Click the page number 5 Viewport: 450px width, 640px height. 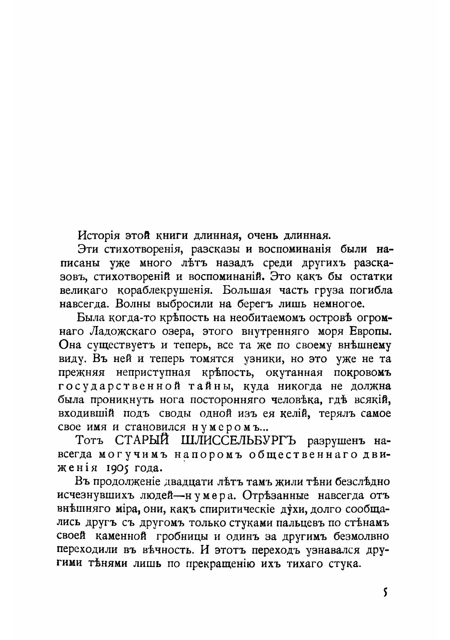385,593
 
